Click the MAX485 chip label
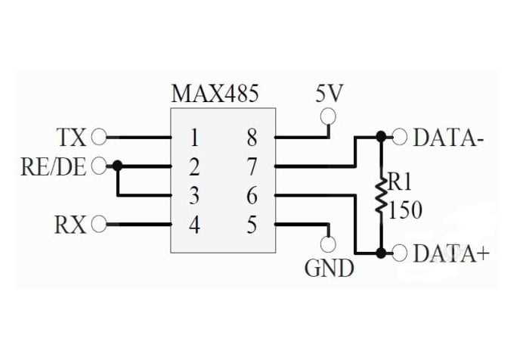click(215, 94)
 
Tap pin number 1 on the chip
click(194, 138)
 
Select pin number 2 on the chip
click(194, 166)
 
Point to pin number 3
click(194, 196)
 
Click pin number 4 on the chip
click(194, 225)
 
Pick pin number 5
click(252, 225)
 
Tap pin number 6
click(252, 196)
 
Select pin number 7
click(252, 166)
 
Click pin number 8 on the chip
click(252, 138)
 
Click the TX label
click(71, 138)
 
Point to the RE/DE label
click(54, 166)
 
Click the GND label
click(329, 267)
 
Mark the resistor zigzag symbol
click(382, 195)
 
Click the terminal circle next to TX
click(98, 138)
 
